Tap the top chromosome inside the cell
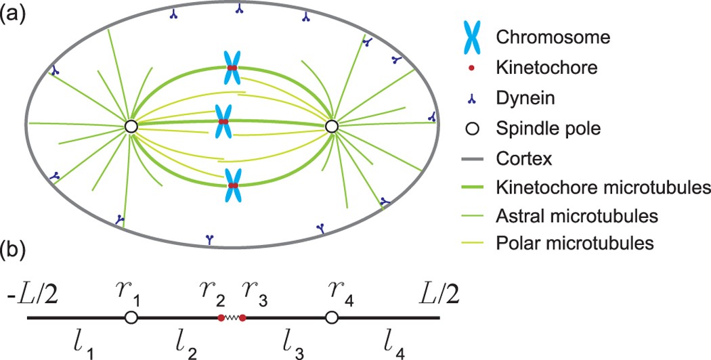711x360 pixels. pos(232,69)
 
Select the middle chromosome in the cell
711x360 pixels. pos(223,121)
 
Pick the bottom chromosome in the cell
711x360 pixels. pos(232,185)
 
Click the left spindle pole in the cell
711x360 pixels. pos(131,126)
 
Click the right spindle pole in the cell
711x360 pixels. pos(331,126)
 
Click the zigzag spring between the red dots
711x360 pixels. pos(232,317)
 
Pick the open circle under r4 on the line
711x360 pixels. pos(331,317)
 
